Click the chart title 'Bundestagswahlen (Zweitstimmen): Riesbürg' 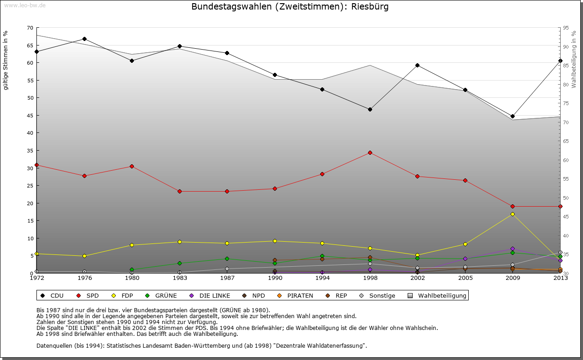290,7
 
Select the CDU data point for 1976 84,39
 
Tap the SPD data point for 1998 370,152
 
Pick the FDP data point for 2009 512,214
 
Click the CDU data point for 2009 512,116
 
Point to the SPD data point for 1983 179,191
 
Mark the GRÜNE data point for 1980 132,269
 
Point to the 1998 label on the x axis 370,278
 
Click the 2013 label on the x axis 560,278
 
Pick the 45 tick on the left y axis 30,116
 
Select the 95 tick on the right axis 566,28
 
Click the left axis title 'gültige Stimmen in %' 6,60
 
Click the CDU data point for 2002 417,65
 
